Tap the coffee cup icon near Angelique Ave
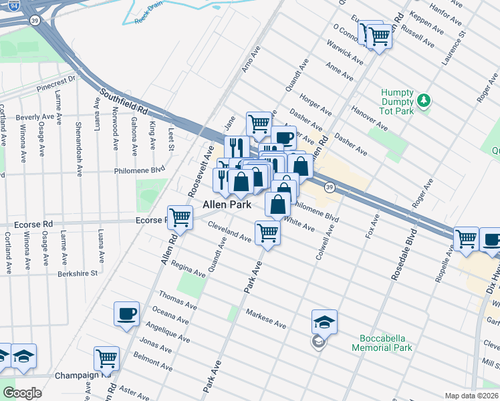(126, 314)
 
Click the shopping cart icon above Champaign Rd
(106, 359)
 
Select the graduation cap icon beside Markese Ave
(324, 323)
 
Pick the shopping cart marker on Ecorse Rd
(180, 217)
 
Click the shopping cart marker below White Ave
(267, 233)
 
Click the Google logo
(22, 393)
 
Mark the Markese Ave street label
(266, 319)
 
